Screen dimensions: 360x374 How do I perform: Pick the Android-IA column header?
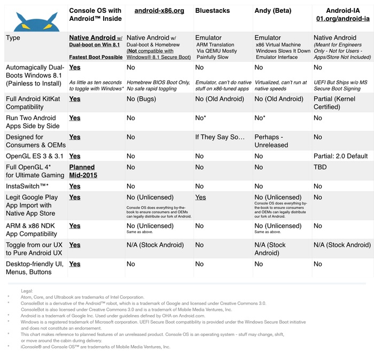[x=342, y=14]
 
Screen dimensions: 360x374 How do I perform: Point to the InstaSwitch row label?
[x=27, y=186]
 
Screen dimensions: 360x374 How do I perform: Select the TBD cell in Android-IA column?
[x=321, y=167]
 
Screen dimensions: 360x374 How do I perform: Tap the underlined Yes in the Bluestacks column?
[x=201, y=197]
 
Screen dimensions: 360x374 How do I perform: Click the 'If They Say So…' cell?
[x=220, y=137]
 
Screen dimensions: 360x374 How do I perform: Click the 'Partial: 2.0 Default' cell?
[x=341, y=156]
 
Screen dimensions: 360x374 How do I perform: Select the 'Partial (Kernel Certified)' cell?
[x=338, y=103]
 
